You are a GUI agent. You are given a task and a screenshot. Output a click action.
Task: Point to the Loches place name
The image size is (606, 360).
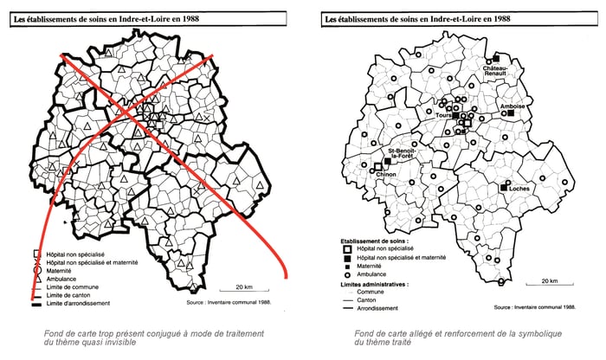pos(519,187)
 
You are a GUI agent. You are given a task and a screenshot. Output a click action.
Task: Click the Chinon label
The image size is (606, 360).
pos(386,174)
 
